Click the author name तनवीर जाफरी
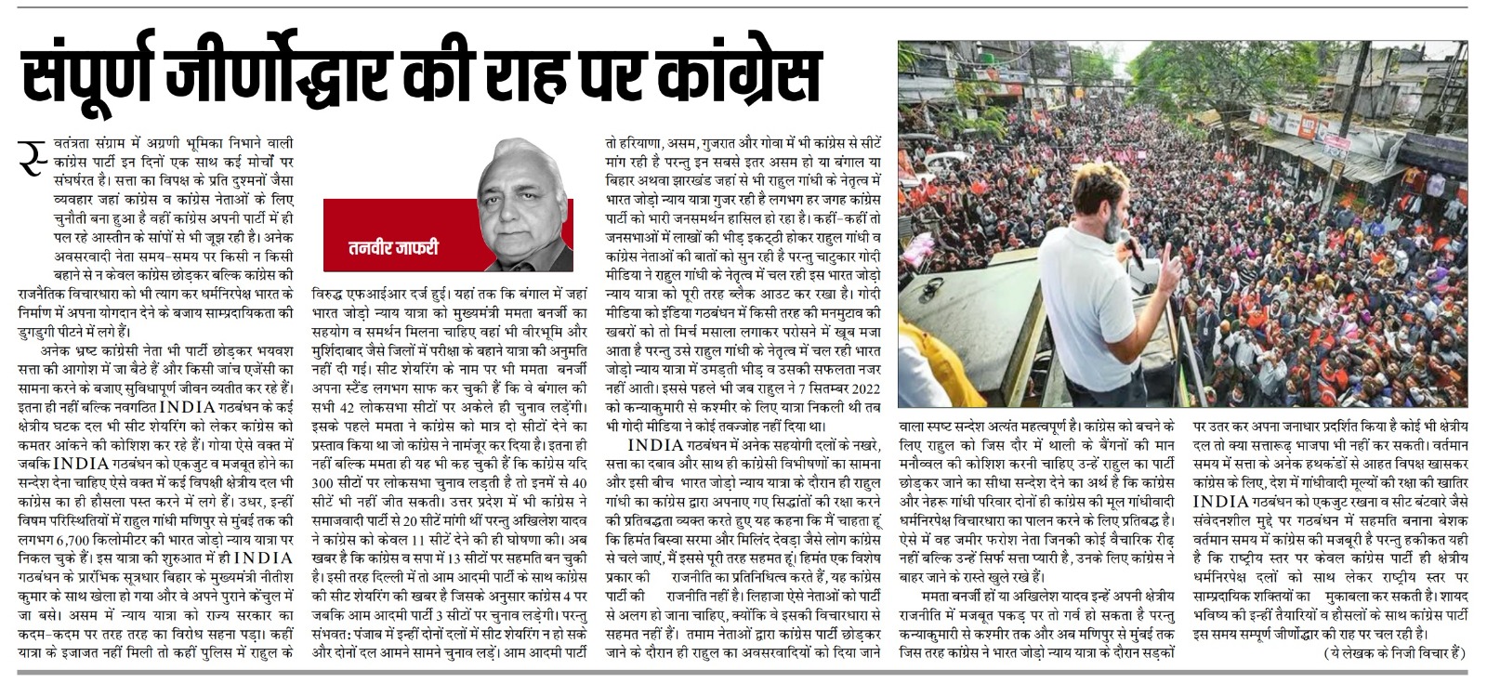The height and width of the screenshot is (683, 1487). pos(393,248)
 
